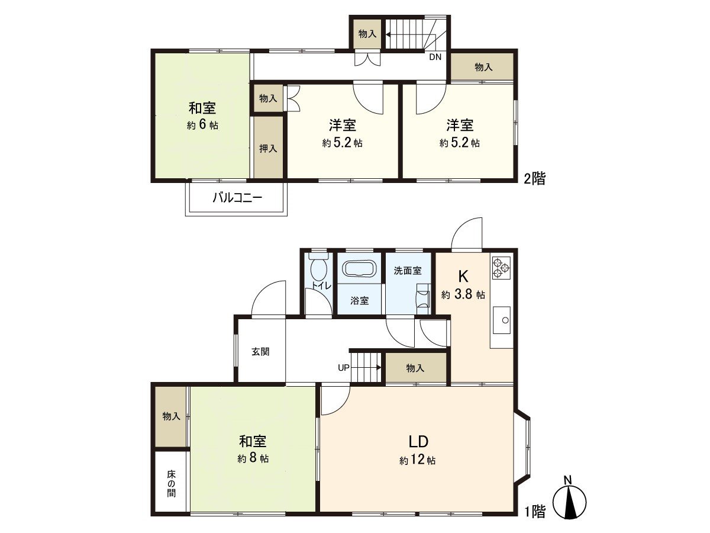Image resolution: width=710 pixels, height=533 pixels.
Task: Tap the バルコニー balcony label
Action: (x=237, y=198)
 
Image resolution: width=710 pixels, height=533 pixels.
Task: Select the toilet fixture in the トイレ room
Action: (x=319, y=270)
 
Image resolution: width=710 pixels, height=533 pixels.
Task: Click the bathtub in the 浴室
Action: (x=359, y=270)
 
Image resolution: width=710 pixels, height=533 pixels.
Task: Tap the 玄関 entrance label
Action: (x=260, y=351)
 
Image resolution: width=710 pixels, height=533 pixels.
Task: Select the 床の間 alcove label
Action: (x=171, y=483)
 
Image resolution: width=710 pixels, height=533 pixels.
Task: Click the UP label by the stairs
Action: (x=344, y=368)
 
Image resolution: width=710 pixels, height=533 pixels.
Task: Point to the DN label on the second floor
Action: (x=435, y=57)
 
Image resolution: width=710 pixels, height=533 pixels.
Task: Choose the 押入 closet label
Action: (x=268, y=148)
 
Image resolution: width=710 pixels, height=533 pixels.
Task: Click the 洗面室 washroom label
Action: (x=408, y=271)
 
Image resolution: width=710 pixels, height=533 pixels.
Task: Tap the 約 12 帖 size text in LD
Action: (x=418, y=460)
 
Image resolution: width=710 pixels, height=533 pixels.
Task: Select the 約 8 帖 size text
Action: (x=253, y=458)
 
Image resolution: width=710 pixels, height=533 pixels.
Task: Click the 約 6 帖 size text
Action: (x=202, y=126)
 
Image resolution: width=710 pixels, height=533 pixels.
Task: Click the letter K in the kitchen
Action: (x=463, y=277)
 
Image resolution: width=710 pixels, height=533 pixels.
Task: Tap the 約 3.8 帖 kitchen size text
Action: (x=463, y=295)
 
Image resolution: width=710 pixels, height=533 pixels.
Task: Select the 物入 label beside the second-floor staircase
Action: (x=367, y=34)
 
